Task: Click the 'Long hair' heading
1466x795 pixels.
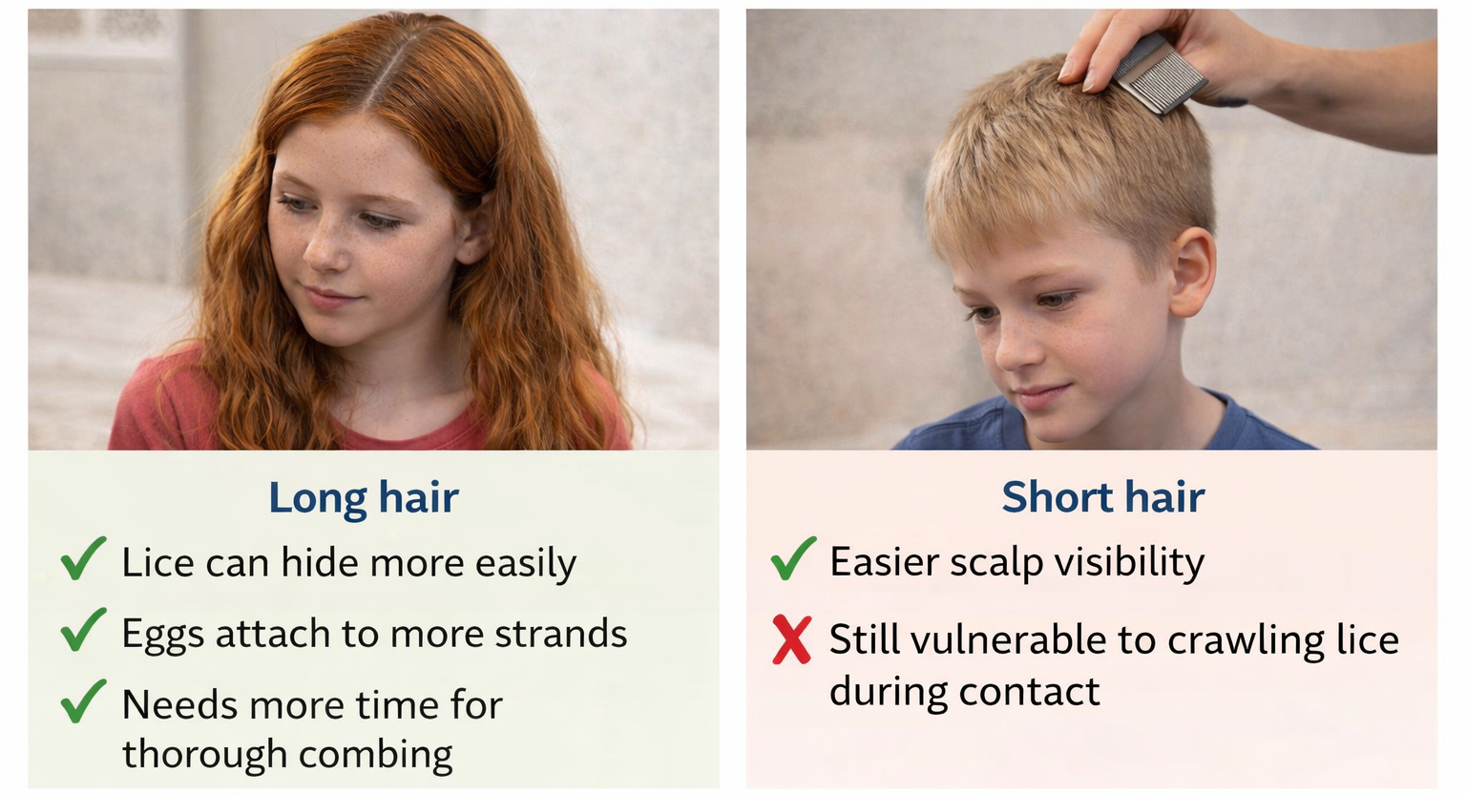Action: [364, 497]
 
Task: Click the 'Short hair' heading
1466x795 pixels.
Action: [1102, 497]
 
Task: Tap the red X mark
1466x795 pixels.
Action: [791, 639]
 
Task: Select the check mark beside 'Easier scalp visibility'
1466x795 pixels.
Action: [793, 558]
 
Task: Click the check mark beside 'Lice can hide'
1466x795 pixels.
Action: [83, 558]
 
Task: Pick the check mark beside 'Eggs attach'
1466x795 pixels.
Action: [83, 630]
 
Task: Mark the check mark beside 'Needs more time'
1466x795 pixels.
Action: [83, 701]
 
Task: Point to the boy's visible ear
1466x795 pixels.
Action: [1193, 272]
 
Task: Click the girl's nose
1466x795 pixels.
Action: [326, 250]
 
